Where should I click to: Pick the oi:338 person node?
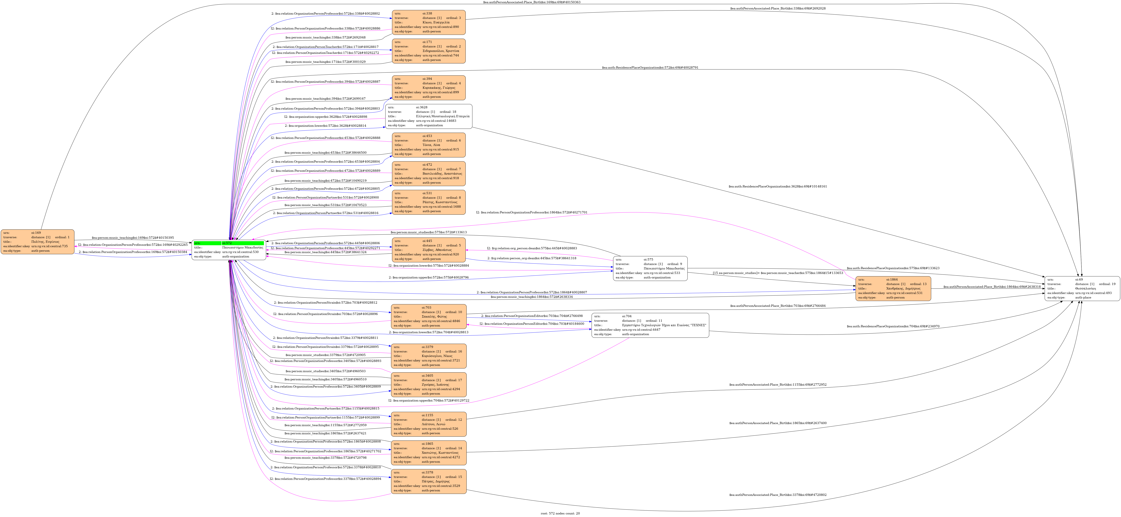(x=429, y=22)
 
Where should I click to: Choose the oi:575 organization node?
(x=650, y=269)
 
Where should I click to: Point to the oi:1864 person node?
(x=893, y=289)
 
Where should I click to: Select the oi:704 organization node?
(x=650, y=325)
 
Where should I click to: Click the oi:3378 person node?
(x=429, y=481)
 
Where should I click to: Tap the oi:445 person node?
(x=429, y=250)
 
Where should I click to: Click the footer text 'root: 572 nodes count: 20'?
(x=560, y=513)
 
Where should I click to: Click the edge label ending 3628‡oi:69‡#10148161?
(x=778, y=186)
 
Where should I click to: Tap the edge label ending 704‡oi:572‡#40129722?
(x=429, y=400)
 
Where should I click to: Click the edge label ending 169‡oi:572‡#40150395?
(x=133, y=238)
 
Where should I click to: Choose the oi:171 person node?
(x=429, y=51)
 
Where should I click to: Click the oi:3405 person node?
(x=429, y=384)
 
